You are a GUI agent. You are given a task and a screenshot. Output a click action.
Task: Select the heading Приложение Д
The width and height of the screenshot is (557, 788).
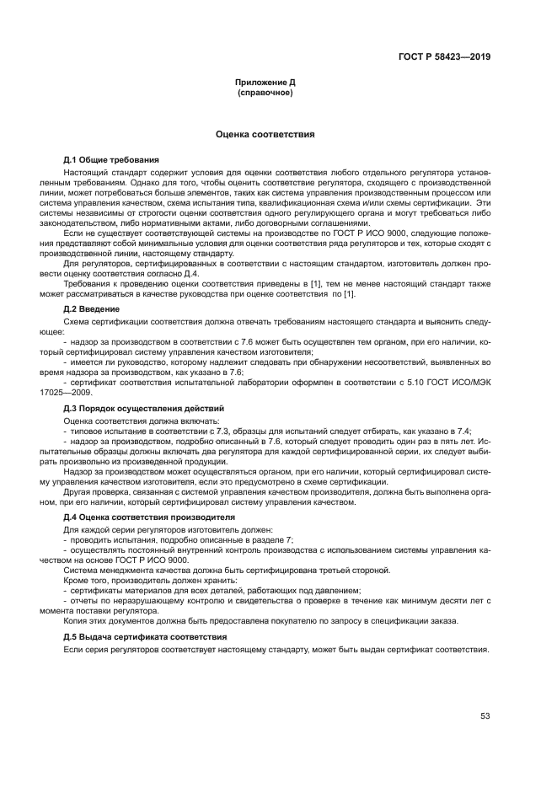pos(265,83)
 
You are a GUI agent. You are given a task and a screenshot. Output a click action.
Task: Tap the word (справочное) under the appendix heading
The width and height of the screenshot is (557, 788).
pos(265,92)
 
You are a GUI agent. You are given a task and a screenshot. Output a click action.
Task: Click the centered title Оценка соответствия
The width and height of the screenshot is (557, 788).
pos(265,134)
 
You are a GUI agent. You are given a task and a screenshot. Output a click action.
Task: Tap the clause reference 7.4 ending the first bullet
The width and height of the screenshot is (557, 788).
pos(462,429)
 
